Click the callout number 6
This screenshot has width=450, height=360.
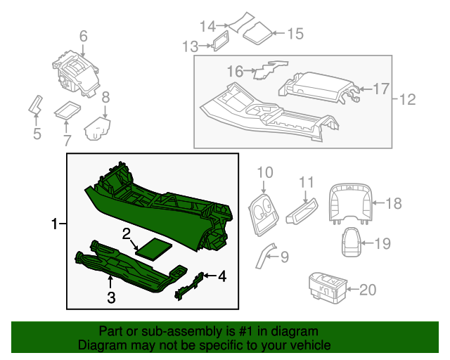(83, 36)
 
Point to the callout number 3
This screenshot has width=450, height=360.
(111, 297)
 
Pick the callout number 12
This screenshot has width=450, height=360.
(409, 100)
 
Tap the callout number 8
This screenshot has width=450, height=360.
(105, 98)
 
